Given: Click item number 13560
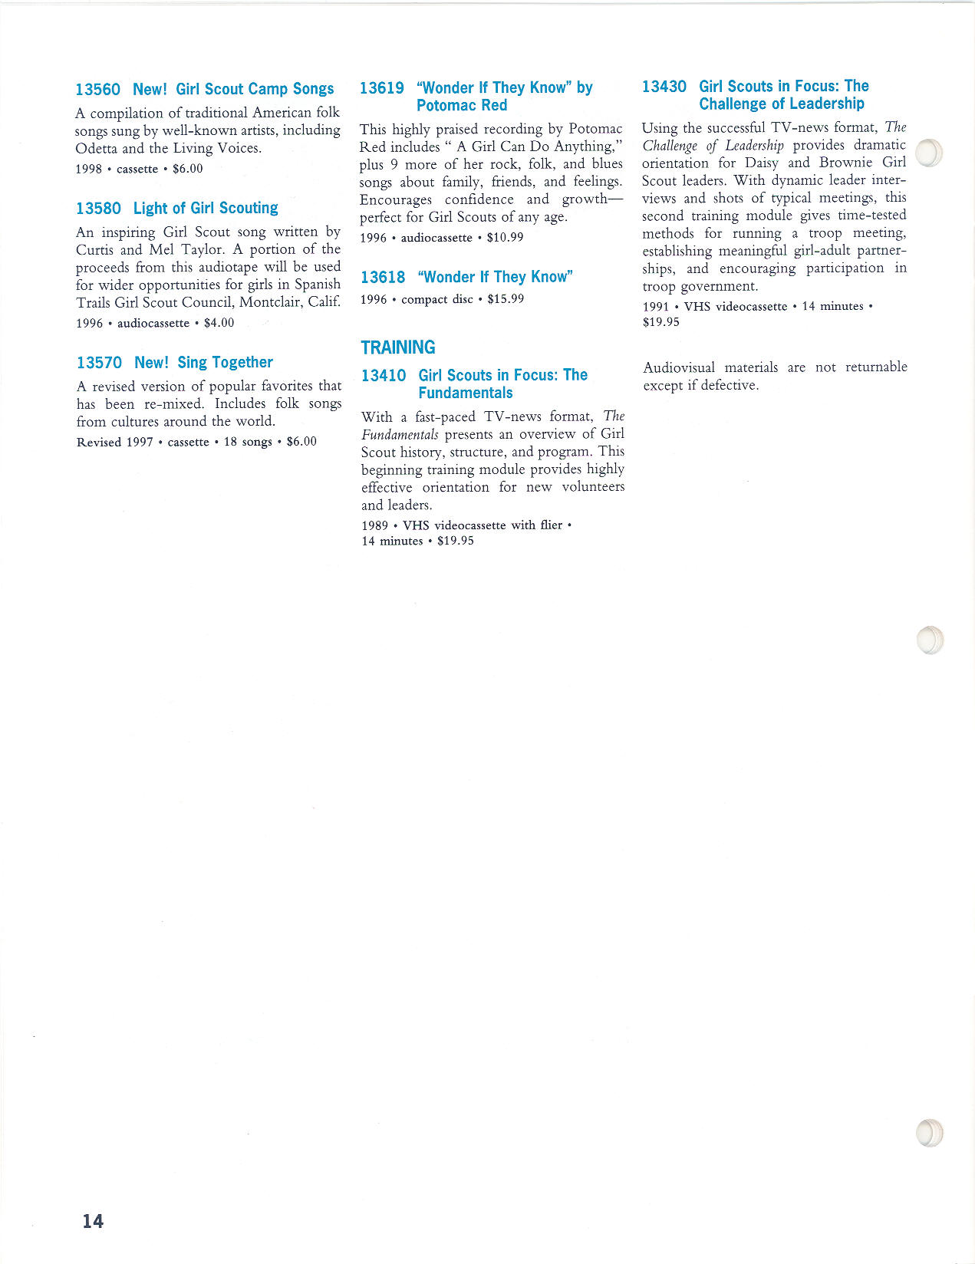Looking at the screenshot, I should click(97, 90).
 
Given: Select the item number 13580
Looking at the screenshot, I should click(98, 209).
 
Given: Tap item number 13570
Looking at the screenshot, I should click(99, 363).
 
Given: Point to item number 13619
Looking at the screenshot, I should click(381, 88).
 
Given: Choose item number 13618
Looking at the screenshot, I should click(382, 278).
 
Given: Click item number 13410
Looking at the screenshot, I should click(383, 376).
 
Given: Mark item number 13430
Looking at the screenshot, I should click(664, 87).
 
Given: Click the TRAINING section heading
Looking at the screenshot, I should click(397, 347).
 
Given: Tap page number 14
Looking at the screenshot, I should click(93, 1221).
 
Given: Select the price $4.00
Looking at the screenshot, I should click(219, 323).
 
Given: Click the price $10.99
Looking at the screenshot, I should click(505, 238).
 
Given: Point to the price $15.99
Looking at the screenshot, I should click(506, 299).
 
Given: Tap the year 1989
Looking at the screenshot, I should click(374, 525).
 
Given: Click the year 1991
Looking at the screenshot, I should click(656, 307).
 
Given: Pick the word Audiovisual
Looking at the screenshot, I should click(679, 367).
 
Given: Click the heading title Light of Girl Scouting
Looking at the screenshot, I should click(206, 209).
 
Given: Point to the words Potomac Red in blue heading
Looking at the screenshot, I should click(462, 106).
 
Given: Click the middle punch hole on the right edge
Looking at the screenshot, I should click(930, 640).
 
